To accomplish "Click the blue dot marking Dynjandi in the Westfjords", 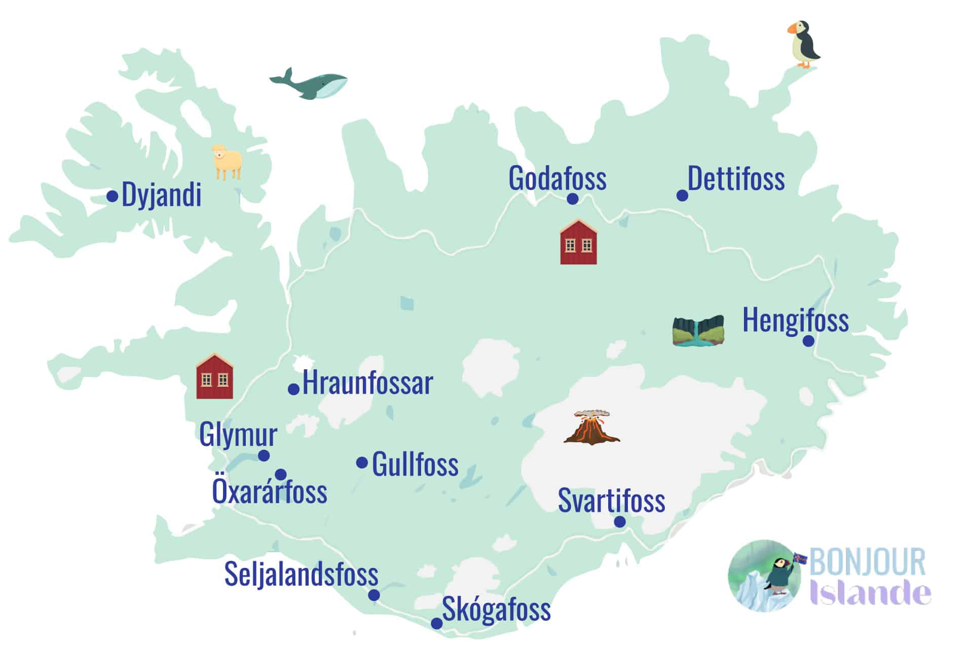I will pos(113,196).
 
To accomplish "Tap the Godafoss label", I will pos(557,178).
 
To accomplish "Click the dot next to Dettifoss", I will pos(682,196).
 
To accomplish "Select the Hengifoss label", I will pos(795,320).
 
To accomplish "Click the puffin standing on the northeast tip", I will pos(804,45).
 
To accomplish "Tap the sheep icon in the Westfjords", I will pos(227,162).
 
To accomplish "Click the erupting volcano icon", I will pos(591,428).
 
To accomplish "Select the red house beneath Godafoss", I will pos(578,242).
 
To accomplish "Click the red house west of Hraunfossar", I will pos(214,376).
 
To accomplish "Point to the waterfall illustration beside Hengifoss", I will pos(698,331).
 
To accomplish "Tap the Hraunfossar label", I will pos(367,383).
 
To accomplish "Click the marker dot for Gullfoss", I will pos(362,463).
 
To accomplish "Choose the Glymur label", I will pos(238,435).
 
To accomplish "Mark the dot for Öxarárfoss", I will pos(280,475).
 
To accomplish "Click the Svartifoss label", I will pos(611,501).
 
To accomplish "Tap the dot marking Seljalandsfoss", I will pos(374,595).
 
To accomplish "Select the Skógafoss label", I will pos(496,609).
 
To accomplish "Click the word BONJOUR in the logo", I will pos(868,562).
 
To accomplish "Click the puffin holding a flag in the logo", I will pos(779,575).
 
